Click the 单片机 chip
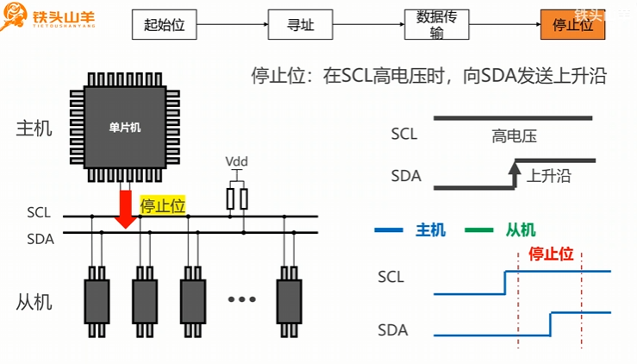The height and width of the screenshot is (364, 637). tap(125, 127)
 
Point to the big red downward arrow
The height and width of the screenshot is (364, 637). tap(126, 208)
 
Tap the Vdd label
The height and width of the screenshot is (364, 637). tap(236, 162)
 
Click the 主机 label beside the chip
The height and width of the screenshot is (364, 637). tap(34, 129)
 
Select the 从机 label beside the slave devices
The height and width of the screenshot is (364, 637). tap(34, 302)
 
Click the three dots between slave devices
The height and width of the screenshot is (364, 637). tap(242, 299)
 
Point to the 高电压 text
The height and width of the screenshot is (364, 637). tap(515, 137)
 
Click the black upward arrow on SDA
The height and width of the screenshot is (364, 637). tap(515, 174)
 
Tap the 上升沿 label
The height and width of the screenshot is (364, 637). tap(550, 176)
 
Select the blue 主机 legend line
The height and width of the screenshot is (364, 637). tap(389, 230)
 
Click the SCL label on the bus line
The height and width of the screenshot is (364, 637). tap(39, 212)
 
